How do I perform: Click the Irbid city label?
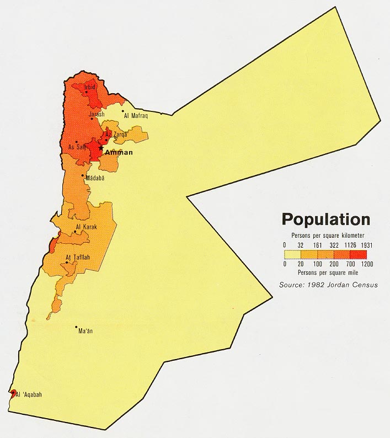pyautogui.click(x=90, y=87)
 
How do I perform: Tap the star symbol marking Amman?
pyautogui.click(x=100, y=147)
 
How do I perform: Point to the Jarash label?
pyautogui.click(x=97, y=114)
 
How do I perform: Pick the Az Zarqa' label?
pyautogui.click(x=116, y=134)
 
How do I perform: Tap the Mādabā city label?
pyautogui.click(x=95, y=178)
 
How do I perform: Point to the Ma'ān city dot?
pyautogui.click(x=77, y=327)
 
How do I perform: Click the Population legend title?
pyautogui.click(x=325, y=220)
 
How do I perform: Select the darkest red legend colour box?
pyautogui.click(x=359, y=254)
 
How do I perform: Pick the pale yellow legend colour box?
pyautogui.click(x=292, y=254)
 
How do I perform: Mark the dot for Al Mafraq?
pyautogui.click(x=123, y=111)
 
